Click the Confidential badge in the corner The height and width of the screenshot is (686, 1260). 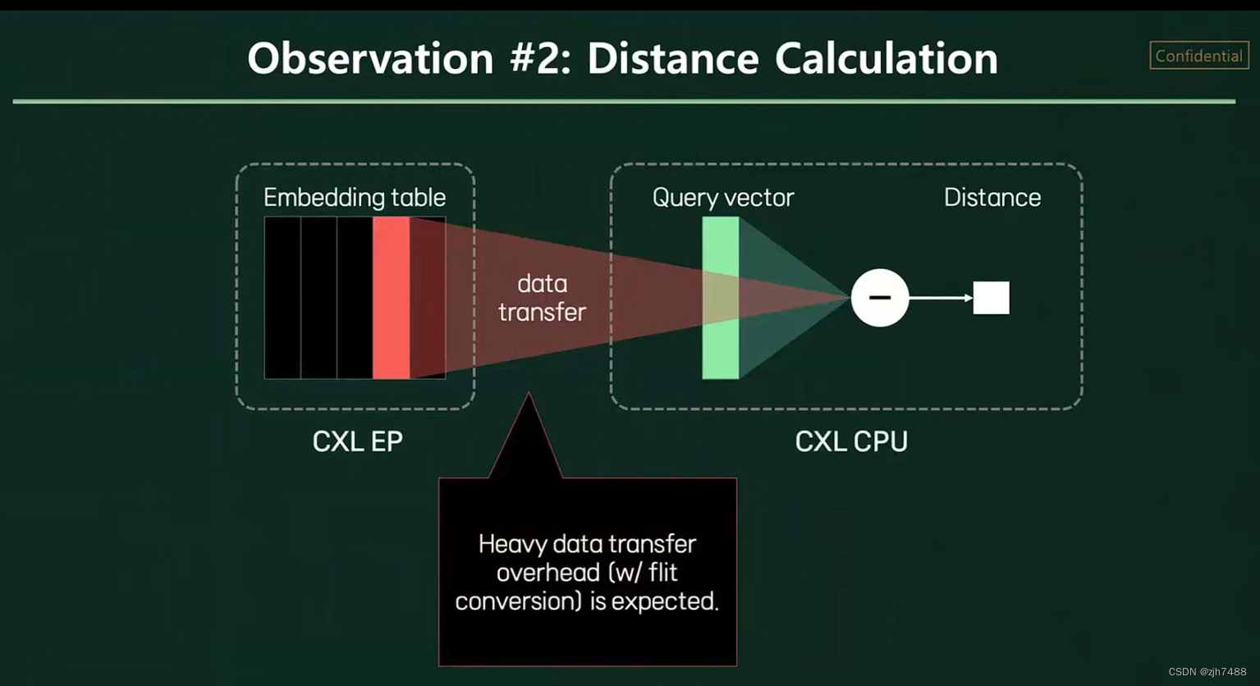click(x=1198, y=56)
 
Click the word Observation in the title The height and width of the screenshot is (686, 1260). click(x=370, y=59)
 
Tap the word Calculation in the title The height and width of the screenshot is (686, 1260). click(x=886, y=59)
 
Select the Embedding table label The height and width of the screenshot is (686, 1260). click(x=355, y=198)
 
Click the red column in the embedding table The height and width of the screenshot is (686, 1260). click(x=391, y=298)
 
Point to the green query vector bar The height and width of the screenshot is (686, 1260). click(x=720, y=298)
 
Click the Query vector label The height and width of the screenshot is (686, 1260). click(x=723, y=198)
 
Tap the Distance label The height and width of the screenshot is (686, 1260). click(x=992, y=198)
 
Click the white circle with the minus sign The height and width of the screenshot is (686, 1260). click(x=880, y=298)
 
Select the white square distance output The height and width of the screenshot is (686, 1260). click(x=991, y=298)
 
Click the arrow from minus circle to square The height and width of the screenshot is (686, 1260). click(x=941, y=298)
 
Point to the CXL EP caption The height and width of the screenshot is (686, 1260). click(x=358, y=441)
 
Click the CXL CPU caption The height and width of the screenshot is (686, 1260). click(x=851, y=441)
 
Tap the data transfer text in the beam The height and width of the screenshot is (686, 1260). click(x=542, y=298)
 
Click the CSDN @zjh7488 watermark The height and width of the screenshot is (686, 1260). click(x=1207, y=672)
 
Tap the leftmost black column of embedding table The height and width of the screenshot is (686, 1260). click(x=282, y=298)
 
